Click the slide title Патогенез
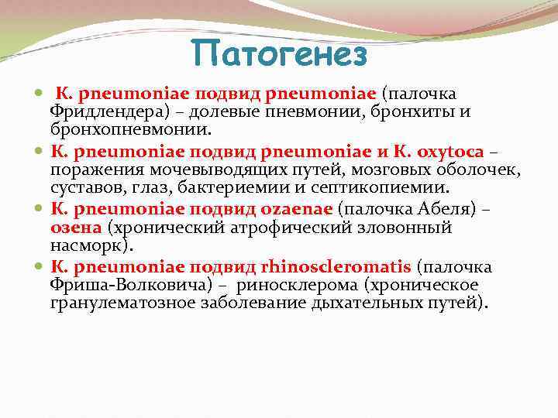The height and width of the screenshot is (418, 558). (279, 54)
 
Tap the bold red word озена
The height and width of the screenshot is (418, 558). (76, 228)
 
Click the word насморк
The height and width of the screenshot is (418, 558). (90, 245)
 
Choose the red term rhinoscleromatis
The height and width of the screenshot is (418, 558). (337, 267)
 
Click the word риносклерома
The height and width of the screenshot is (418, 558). (284, 285)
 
